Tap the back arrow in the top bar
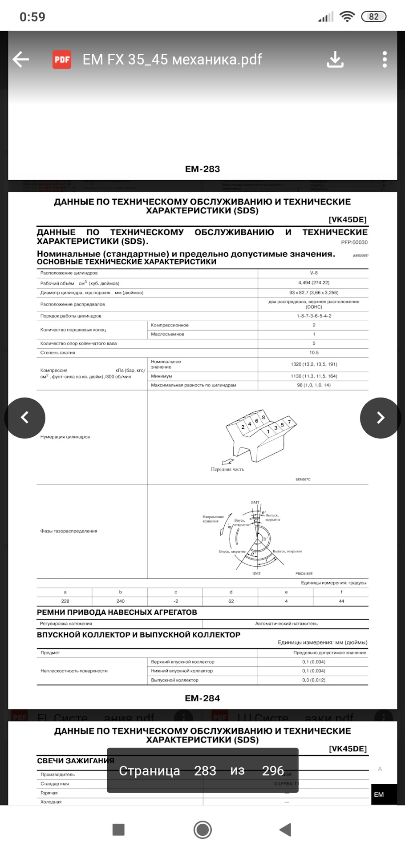21,59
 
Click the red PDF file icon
62,60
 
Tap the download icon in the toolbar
335,59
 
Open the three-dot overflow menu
385,59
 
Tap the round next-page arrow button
380,418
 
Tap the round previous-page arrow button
25,418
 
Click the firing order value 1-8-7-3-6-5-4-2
314,316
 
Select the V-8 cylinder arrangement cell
314,273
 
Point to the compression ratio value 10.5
314,353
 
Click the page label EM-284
202,698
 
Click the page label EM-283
202,169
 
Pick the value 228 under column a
65,601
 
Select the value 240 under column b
120,601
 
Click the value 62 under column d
231,601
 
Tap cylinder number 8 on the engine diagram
263,417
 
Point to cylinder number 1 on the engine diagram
268,431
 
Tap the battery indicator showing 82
373,17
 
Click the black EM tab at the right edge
379,795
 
